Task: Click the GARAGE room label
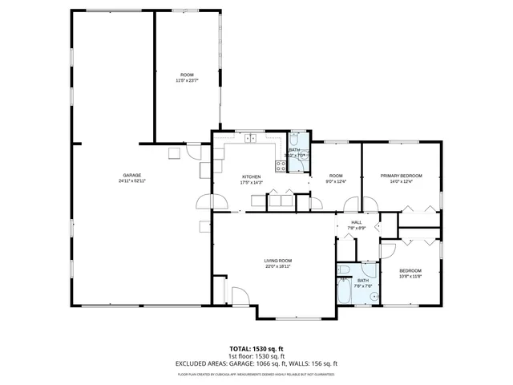coord(132,175)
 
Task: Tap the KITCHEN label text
coord(252,176)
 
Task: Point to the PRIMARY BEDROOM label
coord(401,176)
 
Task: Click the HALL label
coord(357,222)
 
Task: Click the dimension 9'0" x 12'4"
coord(335,182)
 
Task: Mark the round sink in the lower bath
coord(374,295)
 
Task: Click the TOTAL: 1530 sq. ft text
coord(256,348)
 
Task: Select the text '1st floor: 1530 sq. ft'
coord(256,355)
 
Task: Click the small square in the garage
coord(172,153)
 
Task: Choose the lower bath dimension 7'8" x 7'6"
coord(362,286)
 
